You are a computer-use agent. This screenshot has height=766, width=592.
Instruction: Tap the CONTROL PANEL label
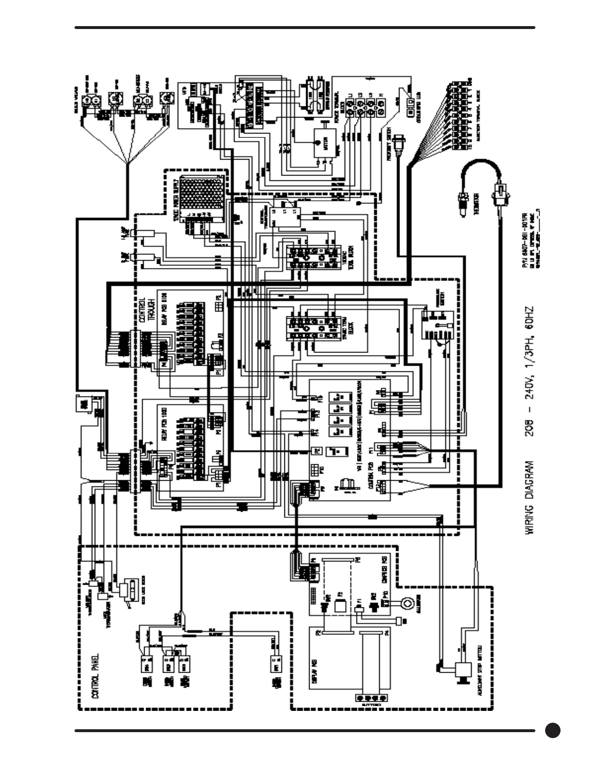(95, 677)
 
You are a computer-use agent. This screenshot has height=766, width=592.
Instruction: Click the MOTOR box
(322, 143)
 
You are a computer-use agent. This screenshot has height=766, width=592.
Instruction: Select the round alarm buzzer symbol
(407, 603)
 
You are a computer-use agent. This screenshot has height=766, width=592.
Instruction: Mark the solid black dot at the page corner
(553, 730)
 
